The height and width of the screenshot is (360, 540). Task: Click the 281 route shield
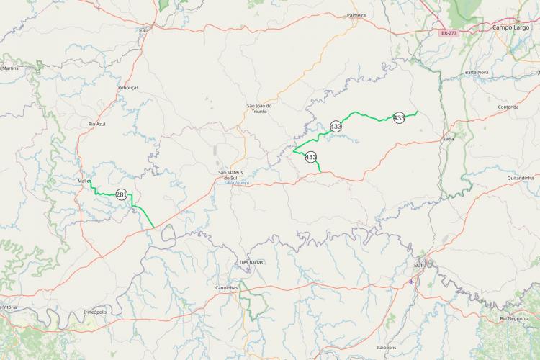point(121,194)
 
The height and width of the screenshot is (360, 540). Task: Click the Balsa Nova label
point(477,72)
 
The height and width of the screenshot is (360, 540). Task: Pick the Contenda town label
point(508,107)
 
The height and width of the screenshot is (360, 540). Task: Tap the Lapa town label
point(449,138)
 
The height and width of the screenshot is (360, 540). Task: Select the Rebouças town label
point(127,87)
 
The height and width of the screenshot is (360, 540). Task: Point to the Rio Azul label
point(96,124)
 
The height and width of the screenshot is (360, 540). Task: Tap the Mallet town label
point(83,181)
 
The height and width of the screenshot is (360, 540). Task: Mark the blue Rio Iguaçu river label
point(238,183)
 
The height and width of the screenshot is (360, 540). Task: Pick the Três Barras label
point(251,262)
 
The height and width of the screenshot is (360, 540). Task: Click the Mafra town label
point(420,265)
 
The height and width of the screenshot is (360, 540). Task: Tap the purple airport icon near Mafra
point(411,281)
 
